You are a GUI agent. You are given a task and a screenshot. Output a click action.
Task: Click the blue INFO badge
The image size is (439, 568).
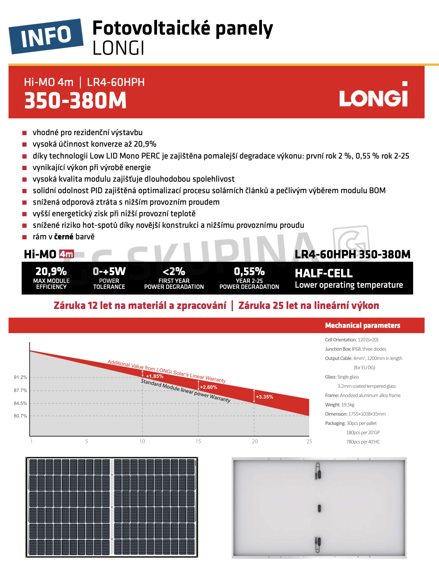tap(46, 36)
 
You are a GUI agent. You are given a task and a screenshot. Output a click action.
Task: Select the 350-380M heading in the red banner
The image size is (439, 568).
tap(76, 101)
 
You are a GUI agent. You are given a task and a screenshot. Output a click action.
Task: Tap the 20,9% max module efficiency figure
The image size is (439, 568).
tap(51, 271)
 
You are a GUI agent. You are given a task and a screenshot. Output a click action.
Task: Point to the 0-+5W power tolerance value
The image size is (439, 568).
tap(109, 271)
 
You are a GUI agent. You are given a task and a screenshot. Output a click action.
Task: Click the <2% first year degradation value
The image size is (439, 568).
tap(174, 271)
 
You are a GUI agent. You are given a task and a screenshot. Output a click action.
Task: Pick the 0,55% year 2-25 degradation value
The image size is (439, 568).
tap(249, 271)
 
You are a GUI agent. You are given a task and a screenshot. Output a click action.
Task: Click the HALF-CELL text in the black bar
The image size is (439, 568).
tap(324, 273)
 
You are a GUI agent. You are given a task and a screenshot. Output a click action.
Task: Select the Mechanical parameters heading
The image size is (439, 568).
tap(363, 325)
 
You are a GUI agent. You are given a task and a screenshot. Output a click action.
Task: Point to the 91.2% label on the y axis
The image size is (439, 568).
tap(20, 377)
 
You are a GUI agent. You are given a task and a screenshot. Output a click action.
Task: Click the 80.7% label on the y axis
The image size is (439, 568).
tap(20, 416)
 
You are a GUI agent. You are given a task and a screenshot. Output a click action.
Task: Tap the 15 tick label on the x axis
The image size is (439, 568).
tap(198, 441)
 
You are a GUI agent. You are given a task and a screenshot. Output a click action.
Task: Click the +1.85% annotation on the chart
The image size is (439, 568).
tap(155, 376)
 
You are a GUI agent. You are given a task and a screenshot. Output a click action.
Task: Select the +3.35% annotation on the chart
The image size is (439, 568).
tap(265, 397)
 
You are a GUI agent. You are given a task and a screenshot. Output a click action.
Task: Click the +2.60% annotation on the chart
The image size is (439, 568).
tap(209, 387)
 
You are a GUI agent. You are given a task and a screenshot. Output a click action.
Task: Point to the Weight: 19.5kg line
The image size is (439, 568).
tap(340, 405)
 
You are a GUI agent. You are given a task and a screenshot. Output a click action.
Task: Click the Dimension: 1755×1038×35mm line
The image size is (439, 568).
tap(355, 414)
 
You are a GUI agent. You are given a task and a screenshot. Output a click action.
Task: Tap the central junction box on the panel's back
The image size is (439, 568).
tap(319, 508)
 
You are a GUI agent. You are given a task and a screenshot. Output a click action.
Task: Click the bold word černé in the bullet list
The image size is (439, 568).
tap(64, 237)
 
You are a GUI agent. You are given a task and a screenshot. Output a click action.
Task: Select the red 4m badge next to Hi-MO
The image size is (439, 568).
tap(67, 254)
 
